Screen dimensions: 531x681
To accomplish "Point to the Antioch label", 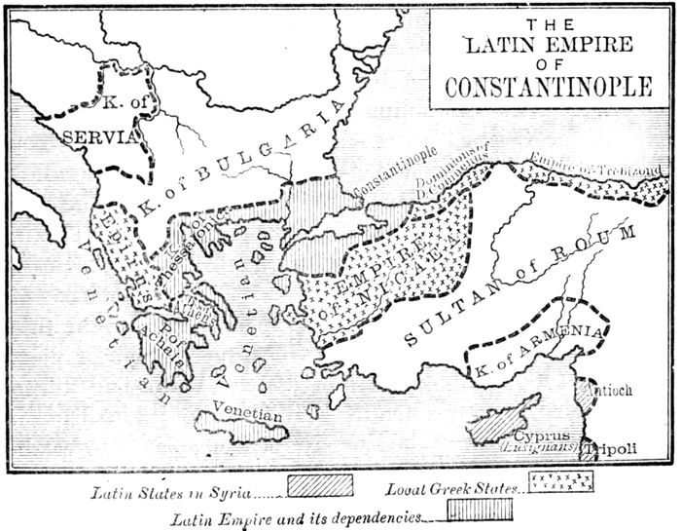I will [605, 390].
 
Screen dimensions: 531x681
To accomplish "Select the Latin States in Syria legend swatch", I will [318, 481].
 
